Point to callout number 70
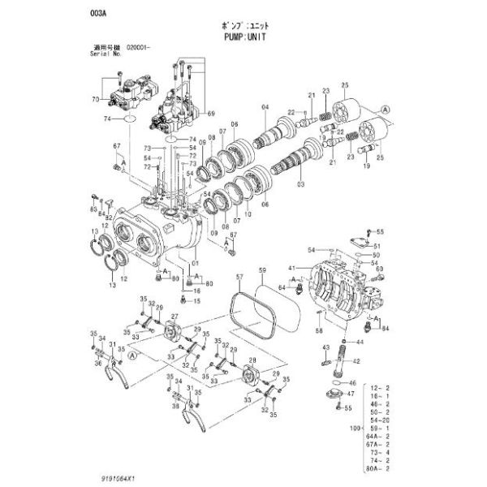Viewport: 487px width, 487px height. coord(94,99)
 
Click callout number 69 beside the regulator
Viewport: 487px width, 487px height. coord(212,112)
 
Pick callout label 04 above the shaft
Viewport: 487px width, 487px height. coord(264,107)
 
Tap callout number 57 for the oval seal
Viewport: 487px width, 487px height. coord(240,278)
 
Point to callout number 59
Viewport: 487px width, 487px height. coord(261,269)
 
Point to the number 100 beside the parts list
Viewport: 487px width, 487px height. coord(353,427)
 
